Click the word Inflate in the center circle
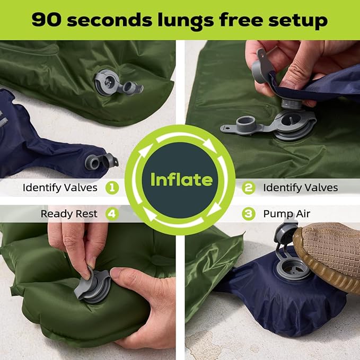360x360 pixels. (x=181, y=179)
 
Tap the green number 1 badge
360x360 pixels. (x=111, y=187)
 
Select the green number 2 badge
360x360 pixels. (x=248, y=187)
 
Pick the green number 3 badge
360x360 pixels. (x=248, y=214)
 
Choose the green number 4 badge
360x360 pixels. (x=111, y=214)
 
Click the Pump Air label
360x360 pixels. (x=287, y=214)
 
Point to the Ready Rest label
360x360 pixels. (x=69, y=214)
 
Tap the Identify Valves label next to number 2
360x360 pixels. (x=301, y=187)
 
